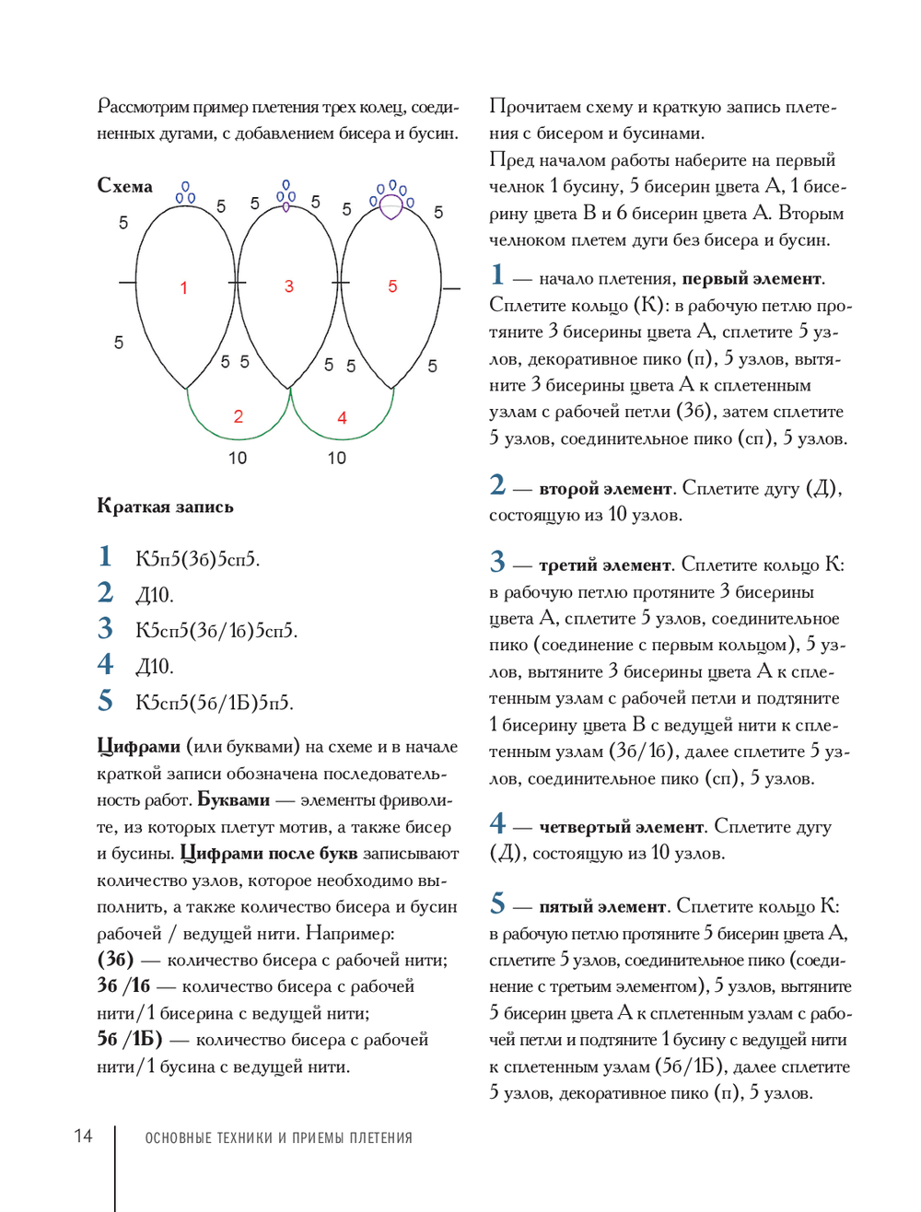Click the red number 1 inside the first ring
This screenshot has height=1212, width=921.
pos(183,288)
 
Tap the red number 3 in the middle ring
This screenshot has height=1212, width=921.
pos(289,286)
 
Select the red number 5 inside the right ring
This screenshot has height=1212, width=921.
pos(392,286)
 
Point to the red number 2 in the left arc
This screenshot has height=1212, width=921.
pos(239,416)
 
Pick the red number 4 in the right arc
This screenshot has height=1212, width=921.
pos(342,418)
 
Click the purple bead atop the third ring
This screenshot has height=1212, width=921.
pos(391,206)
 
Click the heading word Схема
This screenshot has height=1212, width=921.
pos(125,186)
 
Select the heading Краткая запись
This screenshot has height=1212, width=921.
pos(165,507)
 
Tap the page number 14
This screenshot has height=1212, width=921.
pos(83,1136)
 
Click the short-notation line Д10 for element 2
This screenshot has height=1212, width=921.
pos(155,595)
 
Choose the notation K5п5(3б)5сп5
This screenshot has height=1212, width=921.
pos(197,559)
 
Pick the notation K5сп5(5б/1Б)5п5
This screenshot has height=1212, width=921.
pos(214,703)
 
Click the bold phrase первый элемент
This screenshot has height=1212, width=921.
pos(752,279)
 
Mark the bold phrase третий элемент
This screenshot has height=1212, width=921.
pos(605,565)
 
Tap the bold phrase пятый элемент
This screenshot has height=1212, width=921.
pos(602,907)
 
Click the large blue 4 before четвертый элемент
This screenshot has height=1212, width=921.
pos(497,822)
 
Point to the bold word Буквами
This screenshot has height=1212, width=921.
pos(234,800)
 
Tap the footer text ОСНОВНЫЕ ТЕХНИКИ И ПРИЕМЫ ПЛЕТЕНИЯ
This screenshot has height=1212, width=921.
pos(278,1138)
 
